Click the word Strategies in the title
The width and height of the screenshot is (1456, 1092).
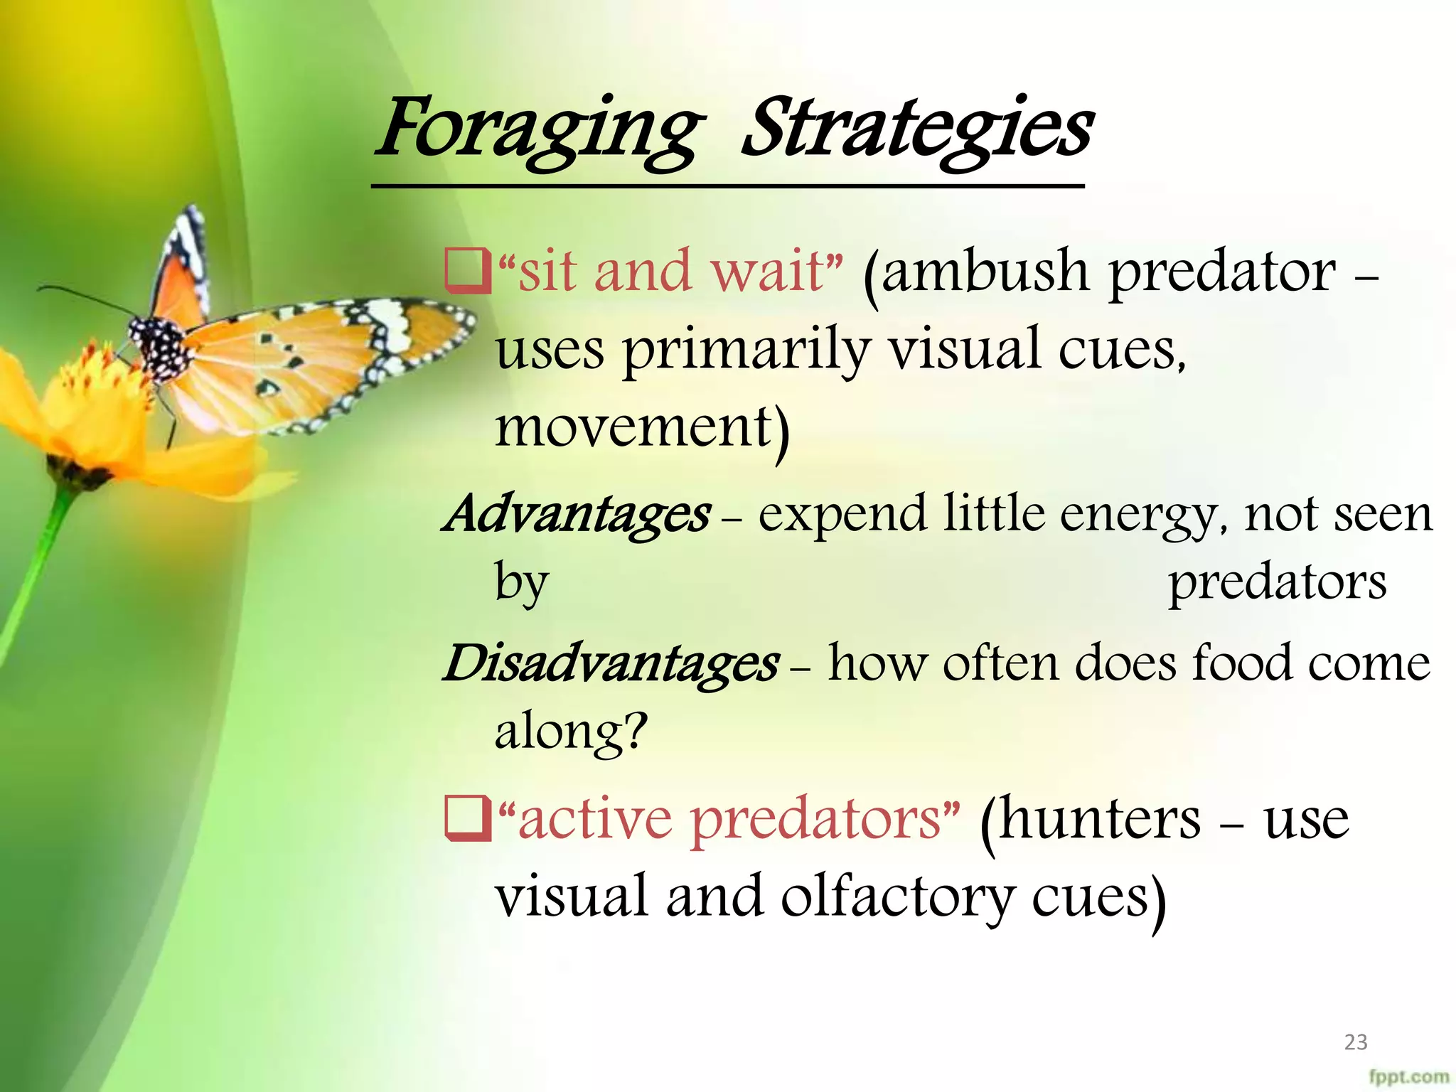pos(917,131)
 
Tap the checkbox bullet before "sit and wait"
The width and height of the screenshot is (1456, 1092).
pos(467,271)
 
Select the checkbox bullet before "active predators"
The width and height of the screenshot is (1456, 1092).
pos(467,819)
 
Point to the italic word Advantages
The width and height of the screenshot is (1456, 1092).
pos(577,514)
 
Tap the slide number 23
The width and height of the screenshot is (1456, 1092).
pos(1356,1042)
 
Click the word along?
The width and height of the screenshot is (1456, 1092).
pos(571,732)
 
